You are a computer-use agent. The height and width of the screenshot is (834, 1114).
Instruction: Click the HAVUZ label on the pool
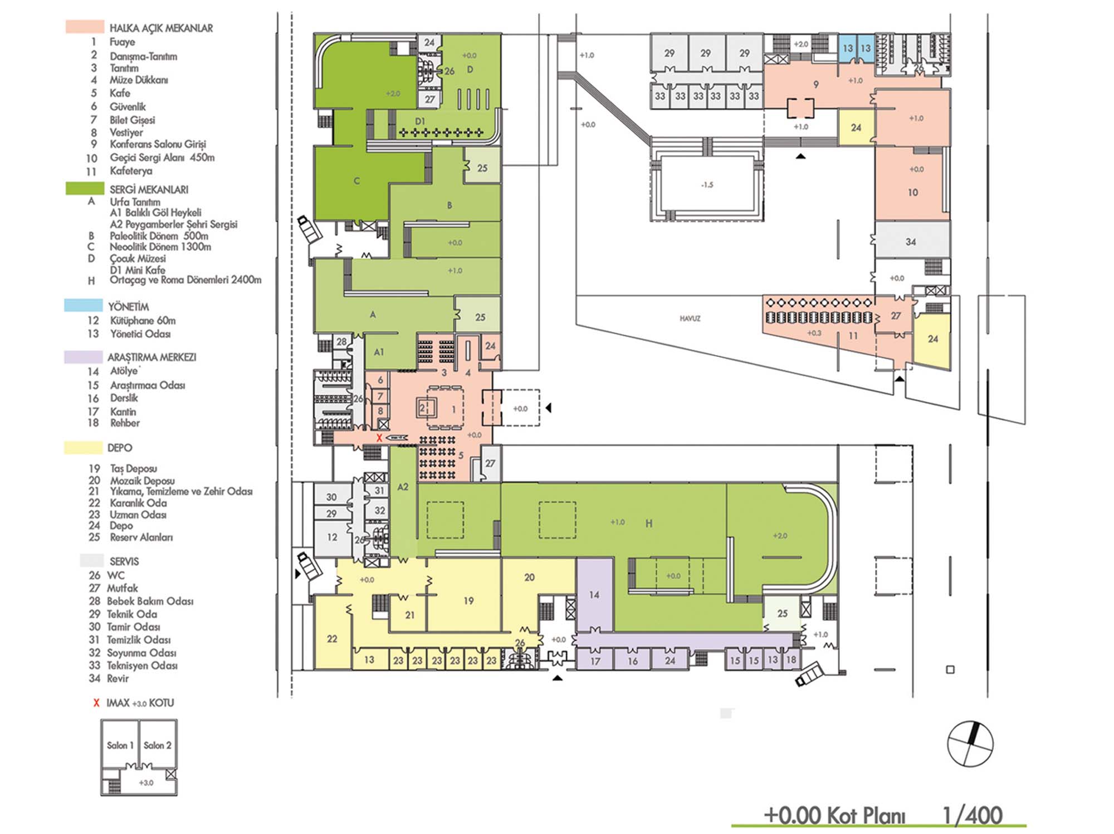690,318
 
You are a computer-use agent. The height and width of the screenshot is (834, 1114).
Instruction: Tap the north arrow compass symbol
970,744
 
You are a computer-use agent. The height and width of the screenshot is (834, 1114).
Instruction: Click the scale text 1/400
973,815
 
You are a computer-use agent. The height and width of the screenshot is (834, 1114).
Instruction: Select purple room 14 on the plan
594,595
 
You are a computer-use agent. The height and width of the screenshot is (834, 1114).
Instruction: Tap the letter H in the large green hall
649,523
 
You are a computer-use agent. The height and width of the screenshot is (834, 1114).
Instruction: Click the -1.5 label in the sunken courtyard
707,185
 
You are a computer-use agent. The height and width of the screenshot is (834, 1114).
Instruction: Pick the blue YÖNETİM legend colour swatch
84,306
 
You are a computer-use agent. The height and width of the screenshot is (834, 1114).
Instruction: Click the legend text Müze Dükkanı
139,80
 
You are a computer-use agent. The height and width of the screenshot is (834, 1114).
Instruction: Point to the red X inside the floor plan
379,438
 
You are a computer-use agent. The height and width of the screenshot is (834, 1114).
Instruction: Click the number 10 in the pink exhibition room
912,192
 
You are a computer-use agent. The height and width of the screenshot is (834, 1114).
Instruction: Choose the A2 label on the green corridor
403,487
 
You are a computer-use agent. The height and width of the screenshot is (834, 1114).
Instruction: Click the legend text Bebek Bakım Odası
150,601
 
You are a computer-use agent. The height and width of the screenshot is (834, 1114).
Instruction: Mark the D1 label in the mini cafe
420,121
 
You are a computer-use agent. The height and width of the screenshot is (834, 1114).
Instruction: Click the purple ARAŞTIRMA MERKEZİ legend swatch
84,357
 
